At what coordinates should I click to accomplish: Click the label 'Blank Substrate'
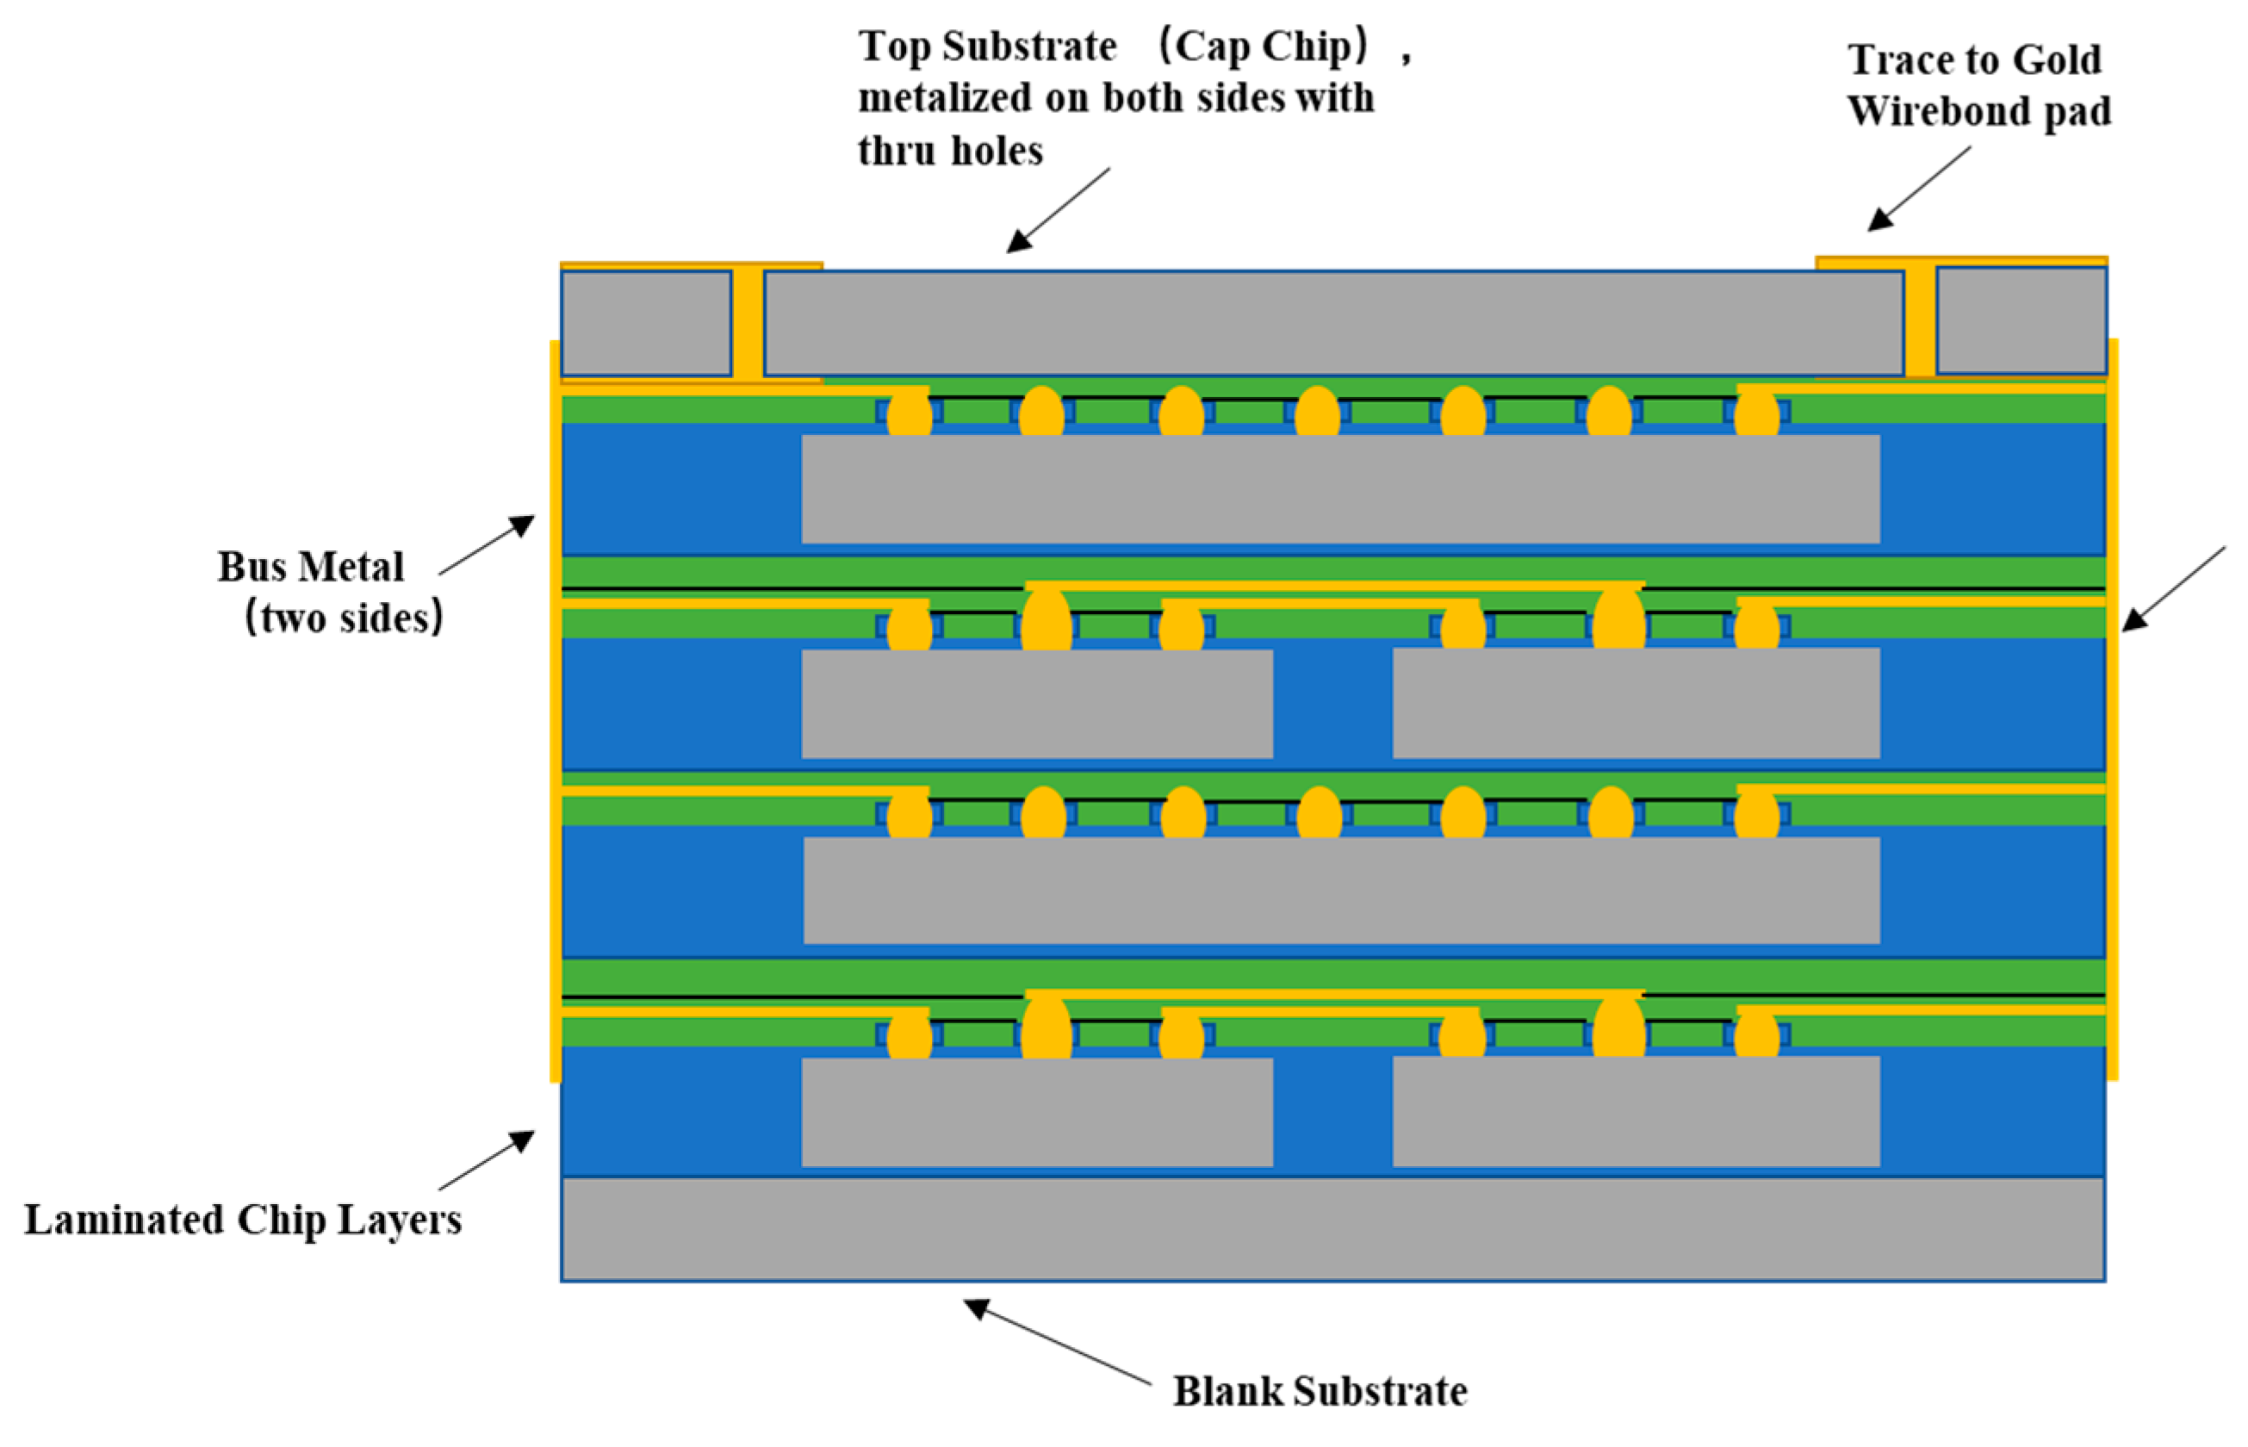point(1319,1392)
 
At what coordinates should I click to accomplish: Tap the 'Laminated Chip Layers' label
point(242,1220)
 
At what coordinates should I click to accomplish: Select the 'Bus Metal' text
point(311,568)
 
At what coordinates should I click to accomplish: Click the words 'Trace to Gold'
point(1974,60)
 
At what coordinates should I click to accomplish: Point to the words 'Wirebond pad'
point(1978,111)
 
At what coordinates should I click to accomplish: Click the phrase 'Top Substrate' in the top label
point(987,46)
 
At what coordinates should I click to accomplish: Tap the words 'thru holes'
point(950,151)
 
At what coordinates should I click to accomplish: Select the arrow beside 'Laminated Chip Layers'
point(487,1159)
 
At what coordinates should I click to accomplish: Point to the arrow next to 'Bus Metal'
point(487,544)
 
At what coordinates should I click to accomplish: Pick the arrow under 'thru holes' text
point(1058,210)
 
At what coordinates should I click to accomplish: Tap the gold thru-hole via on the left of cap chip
point(748,323)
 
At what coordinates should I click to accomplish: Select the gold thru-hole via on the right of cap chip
point(1919,323)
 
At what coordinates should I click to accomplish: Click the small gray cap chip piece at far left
point(645,323)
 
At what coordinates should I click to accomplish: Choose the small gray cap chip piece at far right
point(2021,321)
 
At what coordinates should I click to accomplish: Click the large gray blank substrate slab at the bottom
point(1332,1229)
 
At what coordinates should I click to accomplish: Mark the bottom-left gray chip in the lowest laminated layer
point(1036,1112)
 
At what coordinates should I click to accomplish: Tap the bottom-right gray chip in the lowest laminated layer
point(1636,1112)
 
